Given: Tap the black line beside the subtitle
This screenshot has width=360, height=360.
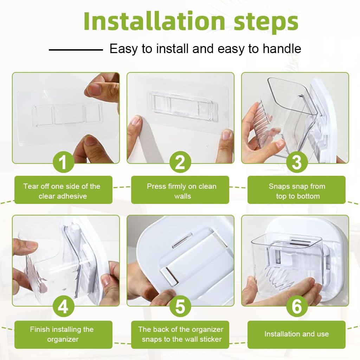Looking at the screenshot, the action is tap(76, 50).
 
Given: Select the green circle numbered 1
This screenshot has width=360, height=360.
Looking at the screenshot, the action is tap(63, 162).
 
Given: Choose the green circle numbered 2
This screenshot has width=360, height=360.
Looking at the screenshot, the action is tap(180, 162).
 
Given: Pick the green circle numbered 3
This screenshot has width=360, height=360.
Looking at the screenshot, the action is tap(297, 162).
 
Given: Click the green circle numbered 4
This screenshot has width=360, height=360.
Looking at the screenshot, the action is tap(63, 306).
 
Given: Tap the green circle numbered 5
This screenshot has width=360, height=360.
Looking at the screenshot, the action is tap(180, 306).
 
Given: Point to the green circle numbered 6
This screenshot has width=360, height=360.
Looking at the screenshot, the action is tap(297, 306).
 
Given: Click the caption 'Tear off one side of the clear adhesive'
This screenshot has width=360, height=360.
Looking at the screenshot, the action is tap(62, 191).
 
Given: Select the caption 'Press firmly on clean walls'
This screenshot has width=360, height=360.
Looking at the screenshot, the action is tap(182, 191).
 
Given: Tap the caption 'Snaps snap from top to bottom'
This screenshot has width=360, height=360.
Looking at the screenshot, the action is tap(297, 191).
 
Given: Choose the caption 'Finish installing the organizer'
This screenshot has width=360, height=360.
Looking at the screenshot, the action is tap(62, 334).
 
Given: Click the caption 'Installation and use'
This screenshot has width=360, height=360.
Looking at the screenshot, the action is tap(297, 334).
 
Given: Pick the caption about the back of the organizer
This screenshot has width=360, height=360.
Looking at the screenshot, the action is tap(181, 334).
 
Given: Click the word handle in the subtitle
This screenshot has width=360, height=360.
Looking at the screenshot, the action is tap(282, 49).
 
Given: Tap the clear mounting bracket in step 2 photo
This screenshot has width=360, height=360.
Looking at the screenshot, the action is tap(183, 107).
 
